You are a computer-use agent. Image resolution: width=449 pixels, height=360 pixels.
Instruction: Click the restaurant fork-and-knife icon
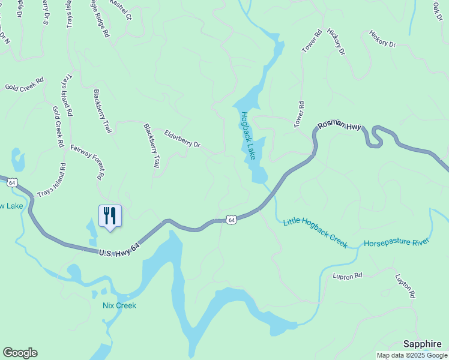point(110,215)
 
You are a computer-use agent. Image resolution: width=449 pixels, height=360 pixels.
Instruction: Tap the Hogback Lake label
point(249,137)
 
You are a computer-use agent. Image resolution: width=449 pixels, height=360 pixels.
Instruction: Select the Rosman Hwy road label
point(340,125)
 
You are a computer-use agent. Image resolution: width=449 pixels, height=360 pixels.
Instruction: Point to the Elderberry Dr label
point(182,139)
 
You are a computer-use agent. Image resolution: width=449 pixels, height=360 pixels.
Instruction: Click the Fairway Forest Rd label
point(88,162)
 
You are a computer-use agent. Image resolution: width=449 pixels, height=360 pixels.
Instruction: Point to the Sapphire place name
point(423,344)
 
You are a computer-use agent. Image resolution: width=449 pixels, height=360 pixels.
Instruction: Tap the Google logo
point(20,353)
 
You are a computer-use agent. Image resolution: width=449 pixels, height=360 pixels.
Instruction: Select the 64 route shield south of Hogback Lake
point(232,220)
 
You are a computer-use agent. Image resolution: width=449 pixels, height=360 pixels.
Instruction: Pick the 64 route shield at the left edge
point(13,182)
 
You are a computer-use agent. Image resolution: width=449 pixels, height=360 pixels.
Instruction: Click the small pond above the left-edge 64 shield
point(19,160)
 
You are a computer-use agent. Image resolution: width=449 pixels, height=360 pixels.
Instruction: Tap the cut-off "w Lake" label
point(11,206)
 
